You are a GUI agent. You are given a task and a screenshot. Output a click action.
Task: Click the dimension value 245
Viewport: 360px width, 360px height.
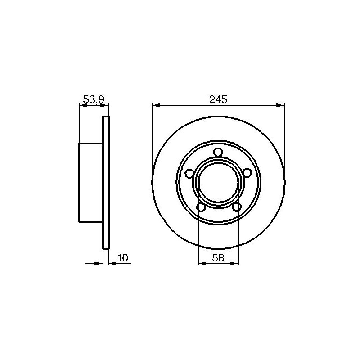pyautogui.click(x=218, y=99)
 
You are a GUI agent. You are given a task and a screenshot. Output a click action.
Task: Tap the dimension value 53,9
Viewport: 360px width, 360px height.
pyautogui.click(x=94, y=99)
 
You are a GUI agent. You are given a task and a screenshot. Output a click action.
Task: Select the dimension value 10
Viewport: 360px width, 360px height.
pyautogui.click(x=122, y=257)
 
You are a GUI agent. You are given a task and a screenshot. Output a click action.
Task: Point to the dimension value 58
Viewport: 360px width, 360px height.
pyautogui.click(x=218, y=257)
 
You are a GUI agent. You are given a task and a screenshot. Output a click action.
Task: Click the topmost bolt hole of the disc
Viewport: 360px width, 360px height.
pyautogui.click(x=218, y=152)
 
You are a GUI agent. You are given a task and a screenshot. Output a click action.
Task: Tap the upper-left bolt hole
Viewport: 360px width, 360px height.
pyautogui.click(x=189, y=173)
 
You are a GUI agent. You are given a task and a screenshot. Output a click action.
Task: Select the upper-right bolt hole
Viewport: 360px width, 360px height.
pyautogui.click(x=247, y=173)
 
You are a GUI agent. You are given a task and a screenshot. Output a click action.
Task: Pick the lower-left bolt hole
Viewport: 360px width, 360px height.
pyautogui.click(x=201, y=207)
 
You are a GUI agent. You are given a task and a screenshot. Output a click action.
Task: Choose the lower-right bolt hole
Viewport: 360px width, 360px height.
pyautogui.click(x=237, y=207)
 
